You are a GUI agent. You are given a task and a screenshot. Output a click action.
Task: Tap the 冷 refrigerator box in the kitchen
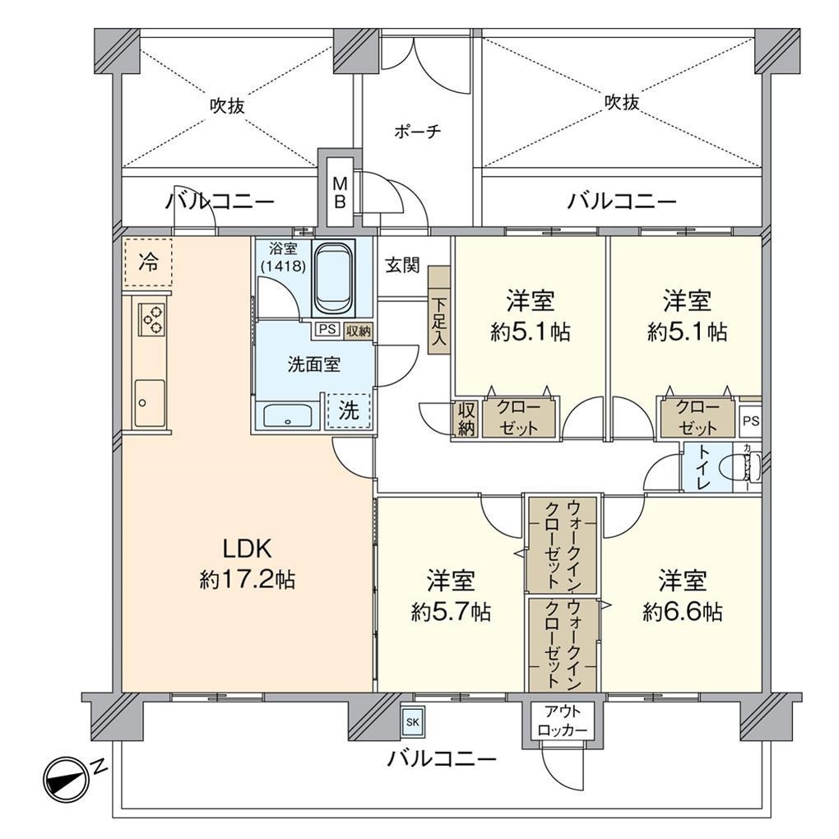tap(148, 262)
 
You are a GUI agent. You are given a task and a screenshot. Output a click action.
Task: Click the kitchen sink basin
tap(150, 403)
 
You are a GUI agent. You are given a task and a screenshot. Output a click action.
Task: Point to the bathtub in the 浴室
tap(333, 278)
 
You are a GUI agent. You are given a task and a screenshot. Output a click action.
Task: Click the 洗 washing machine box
tap(350, 411)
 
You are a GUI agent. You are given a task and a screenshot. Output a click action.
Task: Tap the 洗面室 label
tap(313, 365)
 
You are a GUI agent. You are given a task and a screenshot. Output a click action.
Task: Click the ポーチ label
tap(418, 132)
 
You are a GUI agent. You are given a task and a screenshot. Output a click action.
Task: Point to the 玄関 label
tap(403, 266)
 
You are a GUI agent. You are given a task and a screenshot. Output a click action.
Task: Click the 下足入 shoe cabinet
tap(439, 311)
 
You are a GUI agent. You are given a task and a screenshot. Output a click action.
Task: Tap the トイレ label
tap(704, 469)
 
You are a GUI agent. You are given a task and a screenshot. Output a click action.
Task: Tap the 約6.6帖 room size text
tap(683, 612)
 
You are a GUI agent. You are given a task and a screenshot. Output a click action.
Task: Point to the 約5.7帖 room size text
tap(451, 612)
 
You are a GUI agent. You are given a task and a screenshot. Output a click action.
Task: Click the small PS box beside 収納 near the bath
tap(326, 331)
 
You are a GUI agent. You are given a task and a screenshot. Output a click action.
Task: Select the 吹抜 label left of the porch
tap(226, 106)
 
